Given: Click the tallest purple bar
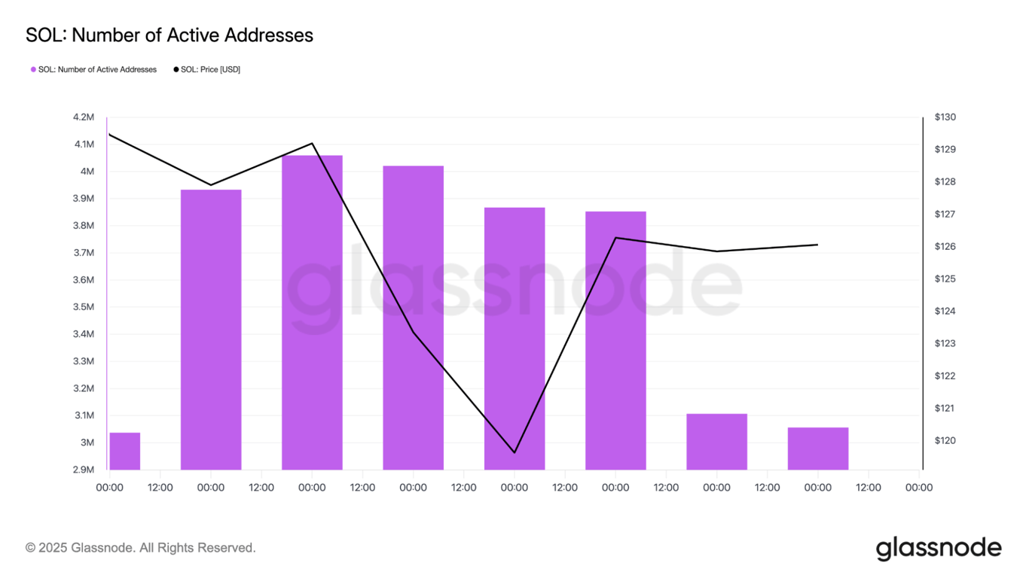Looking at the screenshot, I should click(x=312, y=312).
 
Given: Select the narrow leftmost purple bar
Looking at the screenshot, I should click(x=125, y=451).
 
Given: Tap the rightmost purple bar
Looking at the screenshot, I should click(x=817, y=449).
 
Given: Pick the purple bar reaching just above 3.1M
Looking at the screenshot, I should click(x=716, y=442).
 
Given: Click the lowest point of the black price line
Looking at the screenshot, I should click(x=514, y=452).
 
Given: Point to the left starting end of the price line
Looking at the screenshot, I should click(x=110, y=135).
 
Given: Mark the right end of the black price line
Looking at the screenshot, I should click(x=817, y=245).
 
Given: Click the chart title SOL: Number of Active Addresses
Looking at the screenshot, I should click(x=169, y=35).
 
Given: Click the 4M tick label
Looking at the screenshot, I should click(x=87, y=172).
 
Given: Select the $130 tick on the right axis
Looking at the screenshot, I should click(x=945, y=117).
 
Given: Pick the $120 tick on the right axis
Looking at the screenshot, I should click(x=945, y=441).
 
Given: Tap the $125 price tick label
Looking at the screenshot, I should click(x=945, y=279).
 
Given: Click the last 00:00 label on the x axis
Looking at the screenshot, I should click(x=918, y=488).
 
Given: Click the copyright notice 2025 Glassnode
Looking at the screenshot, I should click(x=141, y=548).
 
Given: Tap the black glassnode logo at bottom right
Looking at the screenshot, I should click(x=939, y=548).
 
